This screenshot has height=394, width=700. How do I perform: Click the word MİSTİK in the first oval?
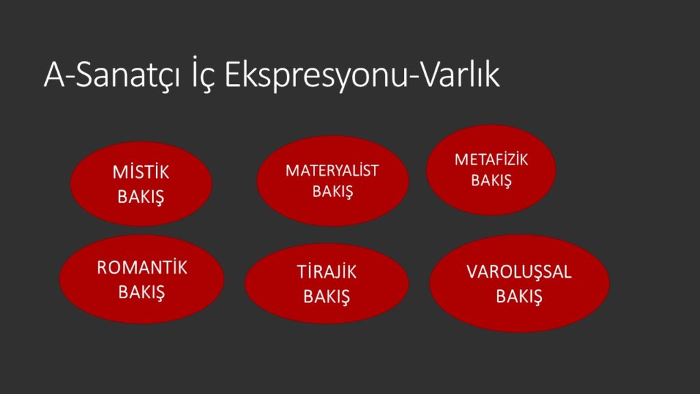141,172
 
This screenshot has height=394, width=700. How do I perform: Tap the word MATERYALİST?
332,170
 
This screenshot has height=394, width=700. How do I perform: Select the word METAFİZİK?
491,159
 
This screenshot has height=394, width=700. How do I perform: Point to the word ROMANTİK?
142,267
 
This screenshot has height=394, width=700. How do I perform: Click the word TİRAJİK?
327,272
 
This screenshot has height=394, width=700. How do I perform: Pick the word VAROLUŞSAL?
519,272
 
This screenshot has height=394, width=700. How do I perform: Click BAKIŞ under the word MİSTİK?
141,197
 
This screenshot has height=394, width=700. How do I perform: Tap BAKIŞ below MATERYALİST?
333,192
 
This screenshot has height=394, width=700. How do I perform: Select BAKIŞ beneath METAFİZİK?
491,181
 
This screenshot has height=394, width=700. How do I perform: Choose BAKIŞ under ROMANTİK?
142,293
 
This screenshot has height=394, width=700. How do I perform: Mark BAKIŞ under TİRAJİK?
327,297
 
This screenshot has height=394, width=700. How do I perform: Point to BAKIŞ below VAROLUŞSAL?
520,297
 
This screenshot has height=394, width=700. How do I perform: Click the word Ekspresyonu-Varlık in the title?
362,75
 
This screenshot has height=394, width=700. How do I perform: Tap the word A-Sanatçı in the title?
112,75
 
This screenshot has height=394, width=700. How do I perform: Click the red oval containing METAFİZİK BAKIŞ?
491,170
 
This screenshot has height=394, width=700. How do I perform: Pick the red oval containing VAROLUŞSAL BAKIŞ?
520,283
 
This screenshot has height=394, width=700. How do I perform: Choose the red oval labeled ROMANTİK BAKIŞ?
142,279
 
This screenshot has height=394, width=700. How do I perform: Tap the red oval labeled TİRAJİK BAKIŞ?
327,283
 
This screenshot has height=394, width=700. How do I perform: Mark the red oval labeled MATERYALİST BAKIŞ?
333,181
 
